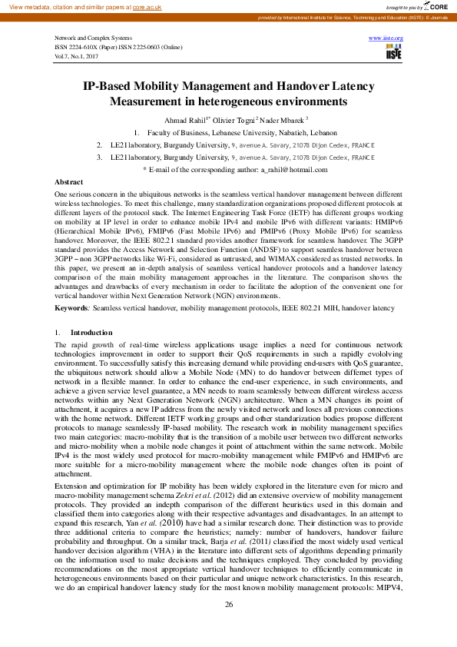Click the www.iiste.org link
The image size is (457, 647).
click(386, 38)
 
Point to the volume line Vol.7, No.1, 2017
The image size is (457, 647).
click(75, 55)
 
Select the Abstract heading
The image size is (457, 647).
click(70, 181)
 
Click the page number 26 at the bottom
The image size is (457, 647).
click(228, 626)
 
